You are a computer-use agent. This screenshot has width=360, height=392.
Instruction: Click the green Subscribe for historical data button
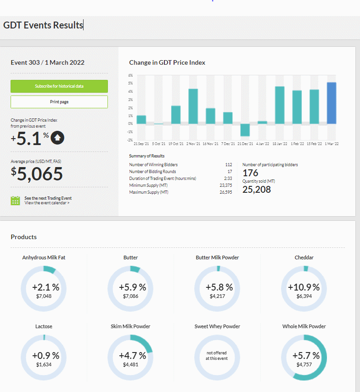(59, 86)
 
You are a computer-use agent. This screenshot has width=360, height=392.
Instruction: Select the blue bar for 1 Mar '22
(332, 103)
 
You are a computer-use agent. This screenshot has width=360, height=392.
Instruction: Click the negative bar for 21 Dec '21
(245, 130)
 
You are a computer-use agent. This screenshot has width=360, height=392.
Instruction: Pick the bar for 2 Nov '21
(193, 106)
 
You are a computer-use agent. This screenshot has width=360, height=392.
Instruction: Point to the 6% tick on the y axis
(130, 75)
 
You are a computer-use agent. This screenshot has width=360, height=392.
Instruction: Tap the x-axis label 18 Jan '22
(280, 144)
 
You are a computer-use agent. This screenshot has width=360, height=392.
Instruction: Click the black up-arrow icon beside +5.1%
(57, 138)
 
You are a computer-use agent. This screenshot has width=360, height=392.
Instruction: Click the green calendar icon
(15, 201)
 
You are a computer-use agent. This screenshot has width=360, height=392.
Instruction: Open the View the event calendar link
(47, 203)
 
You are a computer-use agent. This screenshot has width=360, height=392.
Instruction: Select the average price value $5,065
(37, 174)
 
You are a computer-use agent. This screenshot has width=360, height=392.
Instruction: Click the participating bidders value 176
(250, 173)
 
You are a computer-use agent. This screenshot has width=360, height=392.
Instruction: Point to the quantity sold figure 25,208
(256, 190)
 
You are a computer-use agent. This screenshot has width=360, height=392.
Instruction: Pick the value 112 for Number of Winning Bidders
(229, 165)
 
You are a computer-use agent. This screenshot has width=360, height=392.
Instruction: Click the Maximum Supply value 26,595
(226, 192)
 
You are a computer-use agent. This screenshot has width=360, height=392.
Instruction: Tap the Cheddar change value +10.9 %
(304, 287)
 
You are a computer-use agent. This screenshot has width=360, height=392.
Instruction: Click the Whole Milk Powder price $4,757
(304, 364)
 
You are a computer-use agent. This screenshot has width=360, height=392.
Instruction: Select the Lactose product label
(44, 326)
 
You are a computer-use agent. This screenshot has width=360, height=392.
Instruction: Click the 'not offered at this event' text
(217, 355)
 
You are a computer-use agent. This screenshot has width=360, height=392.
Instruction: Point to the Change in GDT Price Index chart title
(167, 62)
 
